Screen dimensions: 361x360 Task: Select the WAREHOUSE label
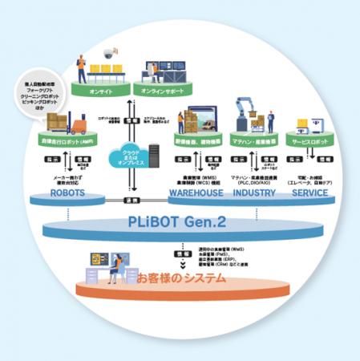(195, 193)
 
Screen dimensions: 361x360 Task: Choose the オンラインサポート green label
(167, 91)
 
